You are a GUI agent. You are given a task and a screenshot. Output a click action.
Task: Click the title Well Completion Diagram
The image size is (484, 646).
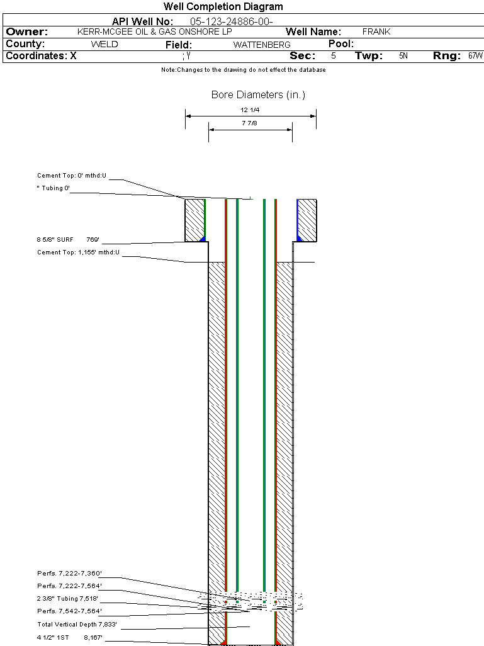(x=223, y=6)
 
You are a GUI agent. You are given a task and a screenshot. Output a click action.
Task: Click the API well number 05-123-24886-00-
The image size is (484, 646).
(x=231, y=21)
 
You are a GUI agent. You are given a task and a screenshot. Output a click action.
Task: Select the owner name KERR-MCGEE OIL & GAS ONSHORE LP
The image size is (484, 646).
(x=154, y=31)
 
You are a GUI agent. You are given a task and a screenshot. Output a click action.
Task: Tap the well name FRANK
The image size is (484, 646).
(x=376, y=31)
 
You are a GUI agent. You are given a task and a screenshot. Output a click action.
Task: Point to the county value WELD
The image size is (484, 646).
(x=104, y=44)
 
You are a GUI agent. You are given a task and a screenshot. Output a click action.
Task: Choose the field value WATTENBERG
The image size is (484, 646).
(x=262, y=45)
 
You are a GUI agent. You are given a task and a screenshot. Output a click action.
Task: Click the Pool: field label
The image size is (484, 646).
(x=341, y=43)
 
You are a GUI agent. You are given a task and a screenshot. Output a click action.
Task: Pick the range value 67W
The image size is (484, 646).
(x=475, y=55)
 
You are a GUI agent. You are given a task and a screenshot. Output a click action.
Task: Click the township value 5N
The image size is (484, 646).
(x=403, y=55)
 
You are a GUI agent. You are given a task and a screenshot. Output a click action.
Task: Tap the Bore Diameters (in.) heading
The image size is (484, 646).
(x=258, y=94)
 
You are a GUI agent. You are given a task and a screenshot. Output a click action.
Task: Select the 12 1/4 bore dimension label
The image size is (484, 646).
(x=250, y=110)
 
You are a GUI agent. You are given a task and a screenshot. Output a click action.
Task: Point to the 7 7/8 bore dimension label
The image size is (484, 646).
(x=250, y=123)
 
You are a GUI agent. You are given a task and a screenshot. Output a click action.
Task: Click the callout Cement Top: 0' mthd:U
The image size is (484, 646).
(x=72, y=176)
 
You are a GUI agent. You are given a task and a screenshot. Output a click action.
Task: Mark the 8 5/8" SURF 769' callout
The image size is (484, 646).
(x=68, y=239)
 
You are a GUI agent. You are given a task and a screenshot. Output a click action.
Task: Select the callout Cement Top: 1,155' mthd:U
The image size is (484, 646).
(x=78, y=252)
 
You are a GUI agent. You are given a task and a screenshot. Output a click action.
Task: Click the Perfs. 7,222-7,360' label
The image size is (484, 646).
(x=69, y=573)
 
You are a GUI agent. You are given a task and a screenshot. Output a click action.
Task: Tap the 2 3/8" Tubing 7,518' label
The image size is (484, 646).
(x=67, y=598)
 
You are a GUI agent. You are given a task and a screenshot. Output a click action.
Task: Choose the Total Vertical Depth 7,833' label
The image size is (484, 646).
(x=77, y=624)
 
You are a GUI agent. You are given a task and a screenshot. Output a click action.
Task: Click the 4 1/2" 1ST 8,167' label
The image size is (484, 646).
(x=69, y=637)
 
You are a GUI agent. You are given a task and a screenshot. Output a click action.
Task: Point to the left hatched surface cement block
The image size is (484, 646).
(x=195, y=220)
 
